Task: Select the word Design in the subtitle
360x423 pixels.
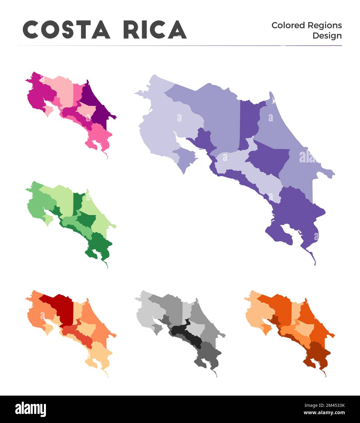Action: [x=327, y=36]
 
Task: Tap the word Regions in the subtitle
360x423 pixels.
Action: [x=325, y=25]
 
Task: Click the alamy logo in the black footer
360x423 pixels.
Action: [x=31, y=409]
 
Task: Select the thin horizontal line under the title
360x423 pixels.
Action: [x=180, y=46]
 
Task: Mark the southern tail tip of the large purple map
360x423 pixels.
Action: [x=315, y=264]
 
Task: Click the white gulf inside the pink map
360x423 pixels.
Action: [x=49, y=105]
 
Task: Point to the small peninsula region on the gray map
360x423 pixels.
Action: [x=156, y=328]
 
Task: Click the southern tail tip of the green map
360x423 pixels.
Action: [x=107, y=267]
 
